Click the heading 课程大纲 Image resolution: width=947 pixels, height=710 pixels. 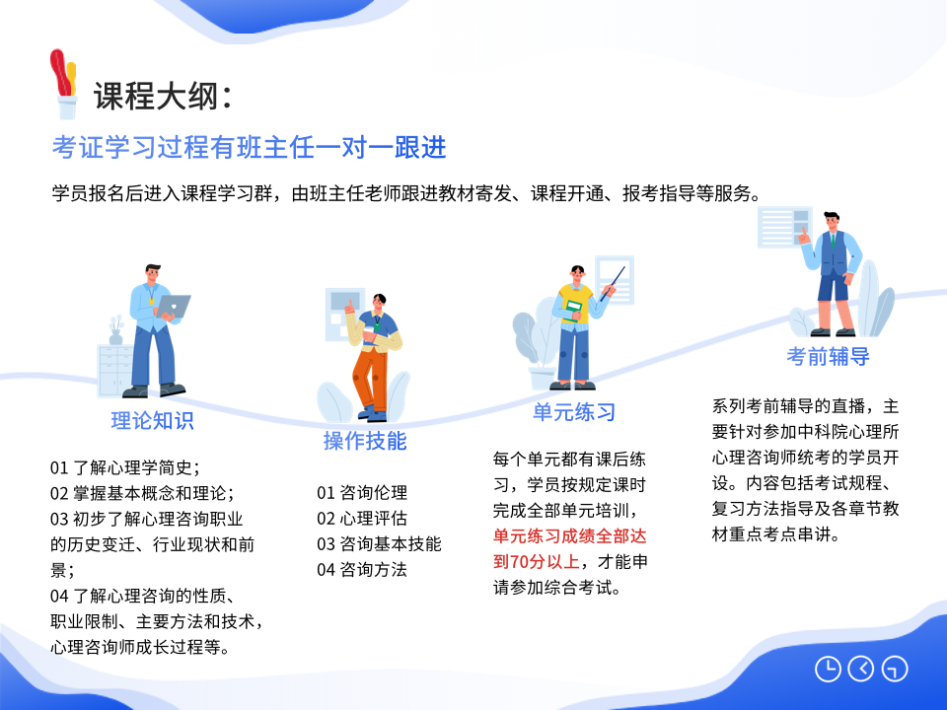[x=156, y=96]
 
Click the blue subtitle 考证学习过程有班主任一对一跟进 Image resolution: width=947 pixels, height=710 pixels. [x=249, y=147]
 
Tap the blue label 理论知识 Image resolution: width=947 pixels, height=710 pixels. [x=152, y=420]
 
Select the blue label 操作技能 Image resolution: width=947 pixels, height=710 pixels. [x=365, y=441]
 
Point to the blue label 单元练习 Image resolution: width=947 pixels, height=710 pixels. [x=574, y=412]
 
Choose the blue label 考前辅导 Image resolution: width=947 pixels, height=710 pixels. [x=828, y=356]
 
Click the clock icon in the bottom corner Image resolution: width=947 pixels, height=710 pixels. [x=828, y=669]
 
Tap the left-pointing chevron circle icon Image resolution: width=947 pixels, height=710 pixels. [x=861, y=669]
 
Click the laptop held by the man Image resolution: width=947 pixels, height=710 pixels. [x=174, y=306]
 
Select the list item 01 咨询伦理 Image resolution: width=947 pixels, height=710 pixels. [x=362, y=493]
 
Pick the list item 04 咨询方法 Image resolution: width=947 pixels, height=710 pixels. [x=362, y=569]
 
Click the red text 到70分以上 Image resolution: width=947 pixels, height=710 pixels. [x=537, y=561]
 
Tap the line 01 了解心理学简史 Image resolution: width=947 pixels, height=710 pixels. [x=125, y=467]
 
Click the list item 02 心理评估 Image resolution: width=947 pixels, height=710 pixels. [x=362, y=518]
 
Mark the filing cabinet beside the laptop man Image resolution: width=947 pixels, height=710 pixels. [x=115, y=371]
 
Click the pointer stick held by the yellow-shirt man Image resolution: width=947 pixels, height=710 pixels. [x=613, y=284]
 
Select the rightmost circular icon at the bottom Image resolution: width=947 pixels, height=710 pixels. [x=895, y=669]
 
